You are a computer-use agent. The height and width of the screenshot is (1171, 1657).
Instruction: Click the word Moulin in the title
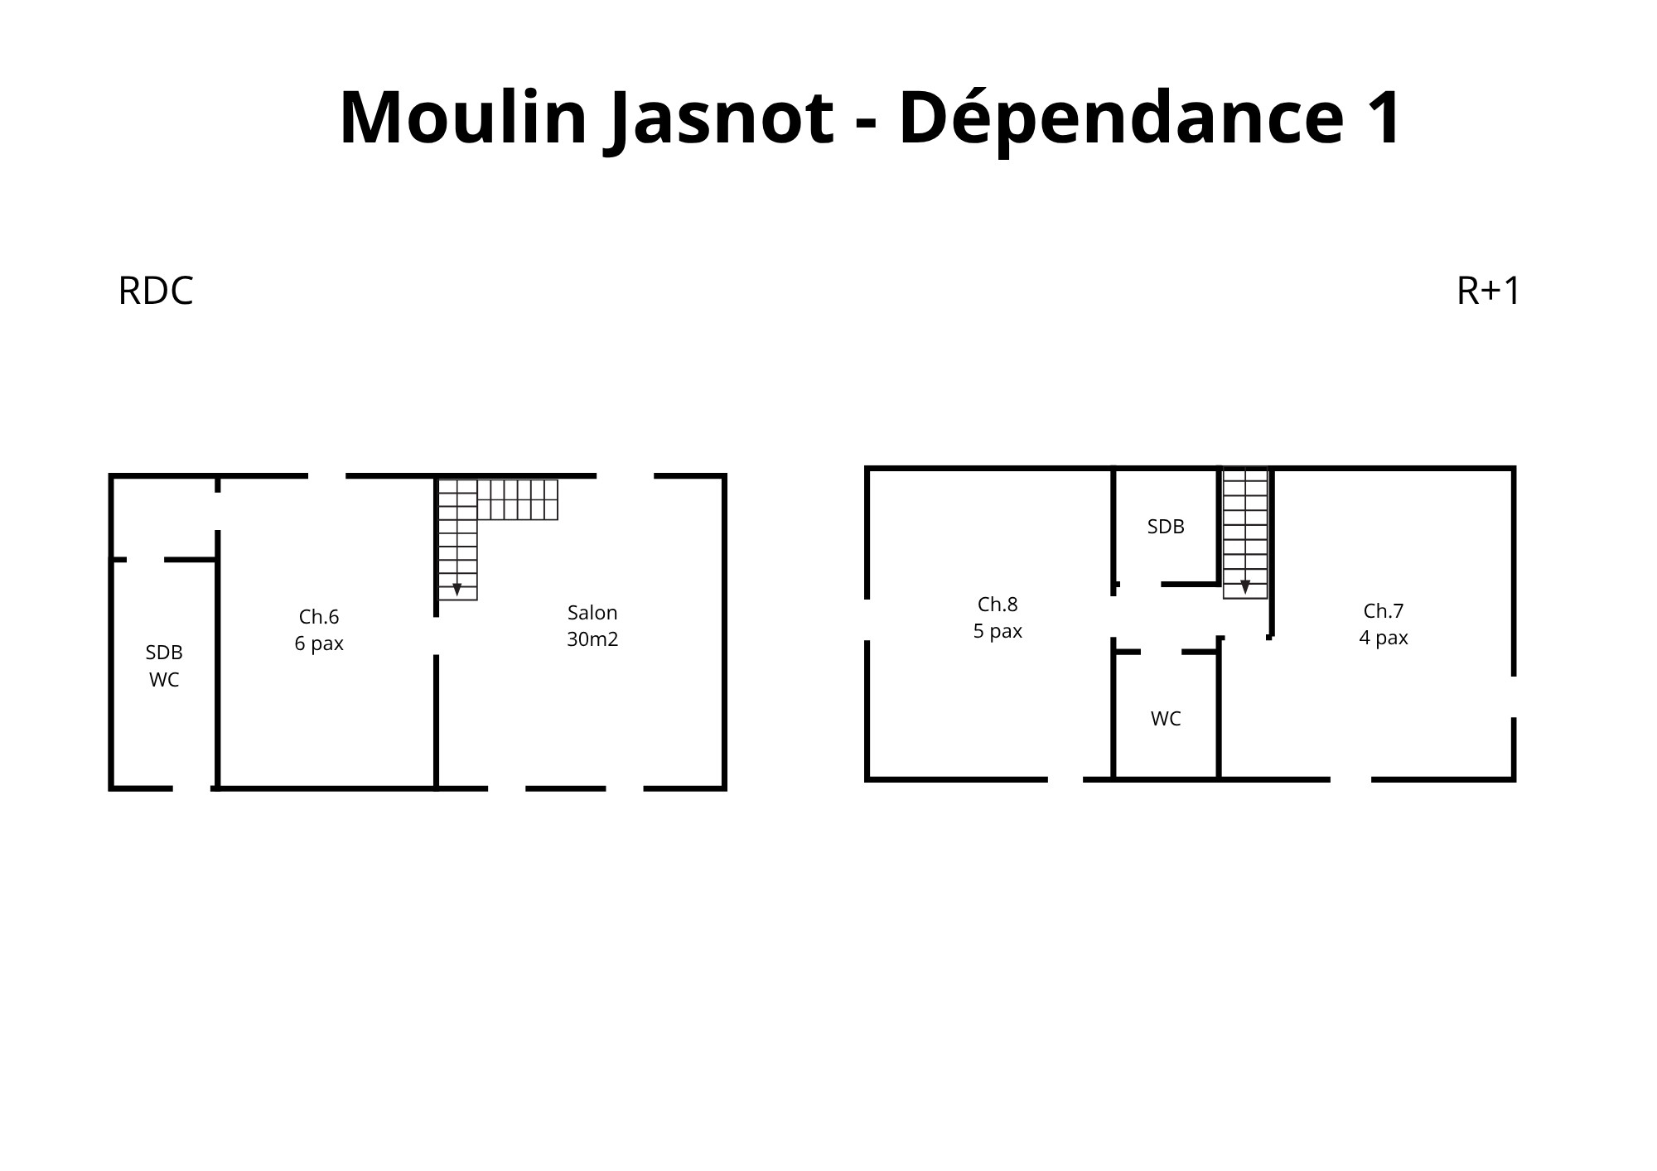[x=463, y=117]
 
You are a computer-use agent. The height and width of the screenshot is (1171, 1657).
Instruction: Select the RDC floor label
[x=156, y=292]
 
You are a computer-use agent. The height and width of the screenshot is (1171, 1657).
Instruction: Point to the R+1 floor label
[x=1488, y=292]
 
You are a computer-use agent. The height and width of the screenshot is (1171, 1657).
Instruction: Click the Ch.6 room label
[x=319, y=617]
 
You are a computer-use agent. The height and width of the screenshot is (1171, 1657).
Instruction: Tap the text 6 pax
[x=319, y=644]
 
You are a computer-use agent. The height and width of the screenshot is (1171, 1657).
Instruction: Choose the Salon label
[x=592, y=613]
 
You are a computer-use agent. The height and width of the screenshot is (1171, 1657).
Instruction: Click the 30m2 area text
[x=592, y=639]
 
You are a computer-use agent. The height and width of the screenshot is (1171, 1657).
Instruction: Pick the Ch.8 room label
[x=998, y=605]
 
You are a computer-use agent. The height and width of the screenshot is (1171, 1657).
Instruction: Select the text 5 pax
[x=998, y=632]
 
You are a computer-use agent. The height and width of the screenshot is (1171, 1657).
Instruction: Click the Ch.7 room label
[x=1384, y=611]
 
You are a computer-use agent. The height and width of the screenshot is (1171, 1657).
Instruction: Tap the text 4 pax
[x=1384, y=639]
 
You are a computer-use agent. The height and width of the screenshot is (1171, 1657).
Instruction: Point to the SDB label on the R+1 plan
[x=1166, y=527]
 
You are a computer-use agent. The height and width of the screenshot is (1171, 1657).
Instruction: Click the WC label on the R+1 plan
[x=1166, y=719]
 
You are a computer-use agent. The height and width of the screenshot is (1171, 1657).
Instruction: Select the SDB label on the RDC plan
[x=164, y=653]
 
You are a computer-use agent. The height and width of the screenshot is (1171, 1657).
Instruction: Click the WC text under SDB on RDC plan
[x=164, y=680]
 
